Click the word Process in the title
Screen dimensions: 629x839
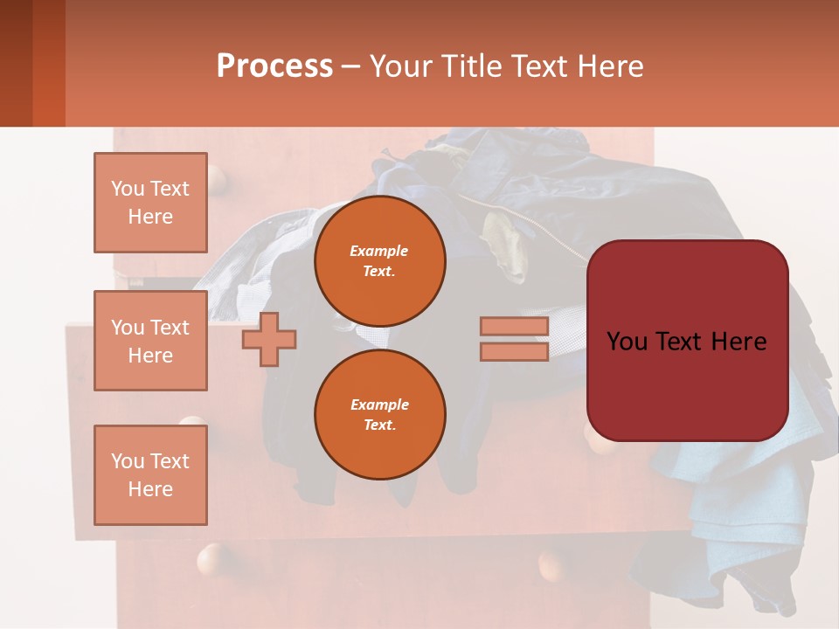coord(274,66)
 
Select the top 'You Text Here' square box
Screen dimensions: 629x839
coord(150,203)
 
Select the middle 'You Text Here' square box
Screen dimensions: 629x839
coord(150,341)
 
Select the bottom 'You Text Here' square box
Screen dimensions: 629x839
coord(150,474)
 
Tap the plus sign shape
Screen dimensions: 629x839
coord(269,339)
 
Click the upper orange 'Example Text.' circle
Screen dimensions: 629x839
coord(379,261)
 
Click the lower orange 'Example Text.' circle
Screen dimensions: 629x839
coord(379,415)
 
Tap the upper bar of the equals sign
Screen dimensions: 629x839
coord(514,326)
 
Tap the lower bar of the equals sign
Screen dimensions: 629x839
coord(514,351)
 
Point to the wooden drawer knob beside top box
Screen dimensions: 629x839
coord(218,183)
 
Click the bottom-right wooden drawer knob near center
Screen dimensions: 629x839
coord(552,563)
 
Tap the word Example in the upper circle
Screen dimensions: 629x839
coord(378,251)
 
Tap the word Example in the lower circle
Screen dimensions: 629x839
coord(379,404)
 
